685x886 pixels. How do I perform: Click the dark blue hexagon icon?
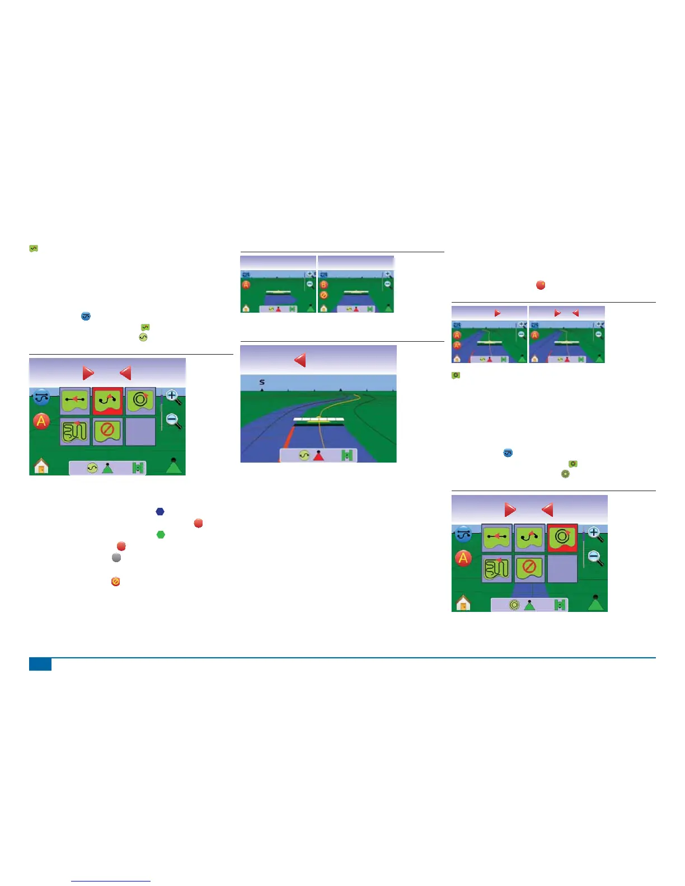pos(160,511)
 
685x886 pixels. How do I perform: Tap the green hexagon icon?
pos(161,535)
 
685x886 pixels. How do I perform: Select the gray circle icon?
pos(116,558)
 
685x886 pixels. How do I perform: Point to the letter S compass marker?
pos(262,383)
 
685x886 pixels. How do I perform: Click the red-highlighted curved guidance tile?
pos(107,401)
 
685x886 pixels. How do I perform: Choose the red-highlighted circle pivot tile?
pos(562,538)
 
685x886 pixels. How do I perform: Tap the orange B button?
pos(323,285)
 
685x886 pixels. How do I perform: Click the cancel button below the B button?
pos(323,295)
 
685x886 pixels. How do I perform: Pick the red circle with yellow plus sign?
pos(541,285)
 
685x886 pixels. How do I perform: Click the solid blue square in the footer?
pos(40,664)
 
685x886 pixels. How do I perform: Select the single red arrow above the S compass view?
pos(301,360)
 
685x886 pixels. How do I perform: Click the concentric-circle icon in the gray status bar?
pos(514,605)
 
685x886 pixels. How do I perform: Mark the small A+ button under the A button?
pos(457,345)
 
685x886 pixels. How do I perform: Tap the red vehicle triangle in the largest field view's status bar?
pos(318,456)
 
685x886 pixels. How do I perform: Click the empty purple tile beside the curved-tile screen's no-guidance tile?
pos(140,431)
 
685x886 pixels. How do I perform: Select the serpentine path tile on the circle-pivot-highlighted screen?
pos(496,568)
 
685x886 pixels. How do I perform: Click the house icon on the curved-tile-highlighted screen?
pos(41,466)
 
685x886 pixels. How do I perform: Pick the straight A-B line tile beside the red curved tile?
pos(75,401)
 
